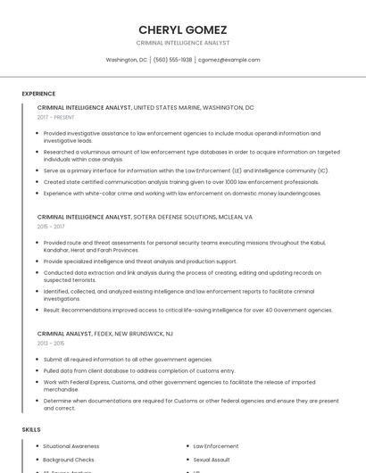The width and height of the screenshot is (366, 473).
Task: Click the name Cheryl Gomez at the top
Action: click(x=182, y=29)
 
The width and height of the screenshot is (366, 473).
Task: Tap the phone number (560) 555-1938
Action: click(x=172, y=60)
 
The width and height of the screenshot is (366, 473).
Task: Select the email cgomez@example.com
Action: click(x=229, y=60)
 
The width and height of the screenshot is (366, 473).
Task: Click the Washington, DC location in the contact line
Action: click(x=126, y=60)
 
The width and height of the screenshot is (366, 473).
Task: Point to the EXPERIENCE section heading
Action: click(x=38, y=94)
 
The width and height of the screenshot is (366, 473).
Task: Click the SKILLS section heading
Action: click(x=31, y=429)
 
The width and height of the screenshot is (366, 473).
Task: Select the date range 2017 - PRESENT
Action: click(x=56, y=117)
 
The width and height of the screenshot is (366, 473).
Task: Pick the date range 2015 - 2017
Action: click(x=51, y=227)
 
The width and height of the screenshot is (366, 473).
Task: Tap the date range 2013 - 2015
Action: click(x=51, y=343)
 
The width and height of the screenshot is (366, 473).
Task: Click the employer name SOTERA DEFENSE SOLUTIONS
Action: click(x=174, y=217)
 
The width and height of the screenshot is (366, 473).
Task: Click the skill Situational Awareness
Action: click(x=71, y=445)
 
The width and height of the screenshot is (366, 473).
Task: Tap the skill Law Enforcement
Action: click(x=216, y=445)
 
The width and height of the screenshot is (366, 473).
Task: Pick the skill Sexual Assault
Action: click(x=212, y=459)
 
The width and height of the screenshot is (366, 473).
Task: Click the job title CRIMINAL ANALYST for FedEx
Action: click(x=64, y=333)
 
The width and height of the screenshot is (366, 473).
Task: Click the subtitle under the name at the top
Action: click(x=182, y=43)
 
